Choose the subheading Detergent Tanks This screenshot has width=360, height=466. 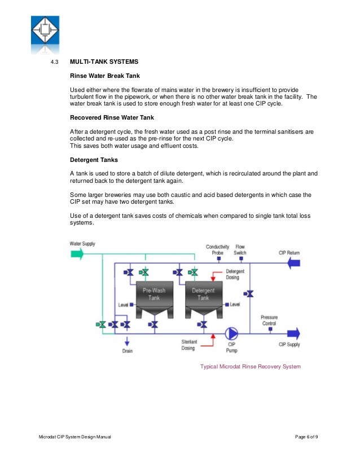[94, 160]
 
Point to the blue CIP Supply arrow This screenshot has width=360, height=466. [293, 333]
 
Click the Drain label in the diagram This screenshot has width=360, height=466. [127, 350]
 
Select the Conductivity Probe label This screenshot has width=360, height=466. [217, 249]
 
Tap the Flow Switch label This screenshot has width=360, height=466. [240, 249]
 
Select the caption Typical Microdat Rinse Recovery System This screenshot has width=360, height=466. [251, 366]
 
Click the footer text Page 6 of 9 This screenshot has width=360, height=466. [310, 438]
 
